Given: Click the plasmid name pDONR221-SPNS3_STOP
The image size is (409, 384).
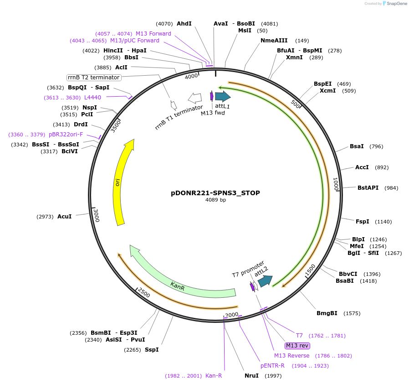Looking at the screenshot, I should [215, 193].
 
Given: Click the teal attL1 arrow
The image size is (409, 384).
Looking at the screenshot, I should [222, 96].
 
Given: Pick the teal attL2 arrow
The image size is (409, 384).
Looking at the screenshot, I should [265, 281].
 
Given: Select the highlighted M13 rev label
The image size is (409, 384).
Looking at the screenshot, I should [297, 346].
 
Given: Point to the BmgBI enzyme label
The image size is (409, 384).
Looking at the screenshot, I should [327, 313].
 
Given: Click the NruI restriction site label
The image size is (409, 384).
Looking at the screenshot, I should [251, 376].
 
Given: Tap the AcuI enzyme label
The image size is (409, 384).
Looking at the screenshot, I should [65, 217].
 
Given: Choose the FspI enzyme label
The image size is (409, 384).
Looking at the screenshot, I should [363, 222].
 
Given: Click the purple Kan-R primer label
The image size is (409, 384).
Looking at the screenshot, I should [214, 376].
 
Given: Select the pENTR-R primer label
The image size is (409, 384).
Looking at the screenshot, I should [272, 366].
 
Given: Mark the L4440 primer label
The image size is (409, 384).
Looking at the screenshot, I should [93, 98].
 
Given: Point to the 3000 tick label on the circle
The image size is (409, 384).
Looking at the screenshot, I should [96, 215].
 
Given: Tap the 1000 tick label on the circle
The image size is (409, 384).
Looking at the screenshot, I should [336, 185].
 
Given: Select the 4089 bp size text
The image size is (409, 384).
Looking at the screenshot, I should [215, 200].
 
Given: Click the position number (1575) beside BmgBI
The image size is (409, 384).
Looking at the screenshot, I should [352, 313].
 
